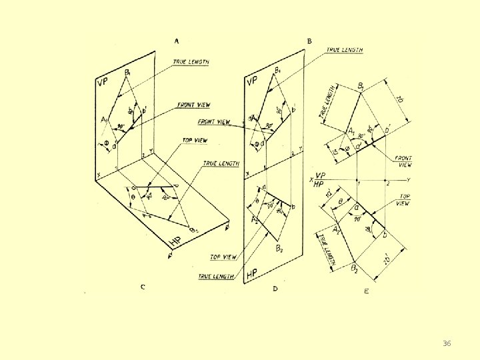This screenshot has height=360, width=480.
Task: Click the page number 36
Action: click(447, 343)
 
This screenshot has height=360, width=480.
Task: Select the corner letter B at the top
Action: click(309, 41)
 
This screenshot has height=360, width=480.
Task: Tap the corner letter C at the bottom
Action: click(143, 287)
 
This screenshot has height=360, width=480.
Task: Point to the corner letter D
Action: click(275, 289)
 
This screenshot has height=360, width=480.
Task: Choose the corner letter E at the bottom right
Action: click(366, 291)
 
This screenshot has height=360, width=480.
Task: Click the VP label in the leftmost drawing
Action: click(103, 83)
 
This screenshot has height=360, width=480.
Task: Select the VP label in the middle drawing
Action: click(251, 81)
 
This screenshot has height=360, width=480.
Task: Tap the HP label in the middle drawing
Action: click(252, 274)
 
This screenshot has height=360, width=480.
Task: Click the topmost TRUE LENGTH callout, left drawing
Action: click(191, 62)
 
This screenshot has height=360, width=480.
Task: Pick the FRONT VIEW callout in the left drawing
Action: click(194, 105)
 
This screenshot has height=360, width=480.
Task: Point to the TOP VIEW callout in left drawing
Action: click(195, 141)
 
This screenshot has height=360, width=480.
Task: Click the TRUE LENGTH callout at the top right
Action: click(344, 50)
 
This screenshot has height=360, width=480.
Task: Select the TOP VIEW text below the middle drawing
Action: click(224, 257)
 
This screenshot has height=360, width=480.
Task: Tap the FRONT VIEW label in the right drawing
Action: click(403, 161)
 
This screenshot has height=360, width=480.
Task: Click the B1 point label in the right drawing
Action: click(361, 86)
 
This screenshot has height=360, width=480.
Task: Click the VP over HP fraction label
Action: click(319, 181)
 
